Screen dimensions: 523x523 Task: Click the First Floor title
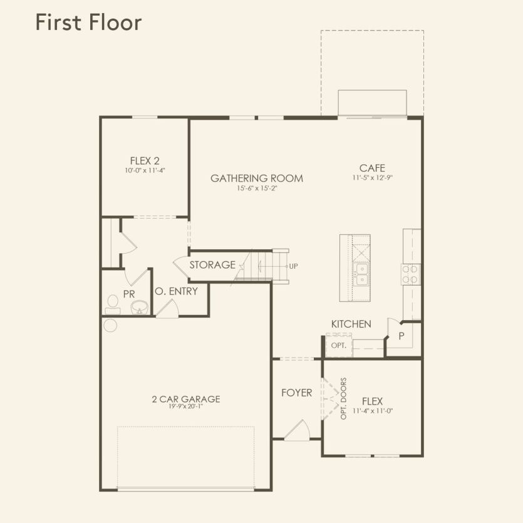pos(88,22)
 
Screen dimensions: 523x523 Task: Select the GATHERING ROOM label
pos(257,179)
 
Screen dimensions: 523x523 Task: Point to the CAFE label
pos(372,168)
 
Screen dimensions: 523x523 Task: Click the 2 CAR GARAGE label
pos(185,399)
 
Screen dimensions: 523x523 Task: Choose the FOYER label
pos(296,393)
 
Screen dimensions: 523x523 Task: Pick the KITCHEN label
pos(351,324)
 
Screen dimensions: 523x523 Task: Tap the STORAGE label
pos(212,265)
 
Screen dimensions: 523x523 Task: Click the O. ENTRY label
pos(176,291)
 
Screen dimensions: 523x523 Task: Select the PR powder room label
pos(129,294)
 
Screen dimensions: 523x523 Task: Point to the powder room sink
pos(139,306)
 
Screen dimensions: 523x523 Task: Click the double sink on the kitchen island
pos(362,274)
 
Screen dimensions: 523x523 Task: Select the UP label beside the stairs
pos(293,266)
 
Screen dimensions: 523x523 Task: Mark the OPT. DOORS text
pos(344,398)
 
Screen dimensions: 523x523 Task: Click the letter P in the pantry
pos(402,336)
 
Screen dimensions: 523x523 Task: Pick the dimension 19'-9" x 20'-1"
pos(185,406)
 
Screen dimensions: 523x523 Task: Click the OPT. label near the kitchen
pos(338,345)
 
